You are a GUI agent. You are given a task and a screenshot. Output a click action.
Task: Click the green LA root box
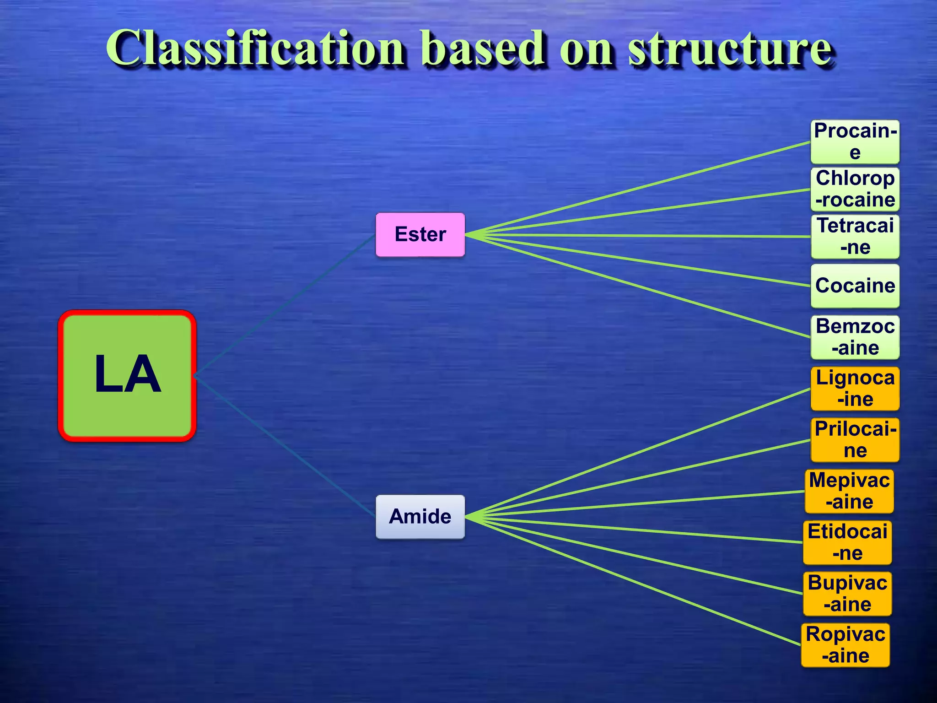click(x=127, y=376)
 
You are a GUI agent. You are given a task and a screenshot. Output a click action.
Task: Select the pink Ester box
click(x=420, y=234)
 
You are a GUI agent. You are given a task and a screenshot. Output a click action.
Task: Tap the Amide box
click(x=420, y=517)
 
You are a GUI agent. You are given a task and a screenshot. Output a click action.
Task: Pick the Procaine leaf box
click(x=855, y=142)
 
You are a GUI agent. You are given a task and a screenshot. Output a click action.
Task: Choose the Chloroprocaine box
click(x=855, y=189)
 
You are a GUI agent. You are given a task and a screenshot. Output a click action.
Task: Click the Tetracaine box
click(x=855, y=237)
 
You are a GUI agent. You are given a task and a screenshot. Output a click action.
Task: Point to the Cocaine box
click(x=855, y=286)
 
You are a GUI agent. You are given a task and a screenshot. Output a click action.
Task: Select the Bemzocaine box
click(x=855, y=337)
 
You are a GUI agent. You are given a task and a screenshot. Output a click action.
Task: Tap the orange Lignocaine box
click(x=855, y=389)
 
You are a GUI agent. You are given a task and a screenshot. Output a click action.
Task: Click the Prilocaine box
click(x=855, y=440)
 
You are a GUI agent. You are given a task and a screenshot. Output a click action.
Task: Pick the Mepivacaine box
click(x=849, y=491)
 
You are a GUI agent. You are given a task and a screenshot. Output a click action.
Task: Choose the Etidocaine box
click(x=847, y=542)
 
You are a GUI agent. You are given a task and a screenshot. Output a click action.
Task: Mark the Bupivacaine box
click(x=847, y=594)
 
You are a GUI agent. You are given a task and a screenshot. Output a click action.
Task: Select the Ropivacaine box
click(x=845, y=645)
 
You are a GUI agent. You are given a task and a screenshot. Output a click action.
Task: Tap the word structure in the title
click(x=729, y=48)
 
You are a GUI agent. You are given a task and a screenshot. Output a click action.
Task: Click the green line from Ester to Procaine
click(x=641, y=188)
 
